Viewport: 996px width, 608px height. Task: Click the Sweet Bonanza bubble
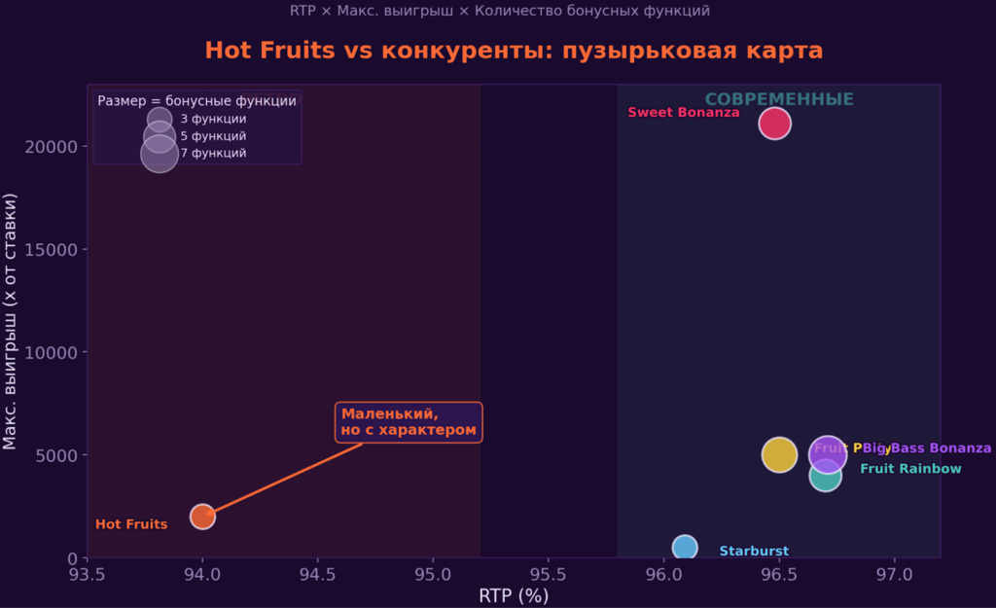coord(774,124)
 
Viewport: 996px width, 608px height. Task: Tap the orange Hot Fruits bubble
coord(202,517)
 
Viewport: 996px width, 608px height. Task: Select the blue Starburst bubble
coord(685,547)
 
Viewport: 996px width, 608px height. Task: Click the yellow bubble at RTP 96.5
coord(779,454)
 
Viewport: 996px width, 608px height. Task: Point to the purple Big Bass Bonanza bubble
coord(827,453)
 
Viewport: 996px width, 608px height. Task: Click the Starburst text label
coord(754,552)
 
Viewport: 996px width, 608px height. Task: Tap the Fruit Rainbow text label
coord(910,469)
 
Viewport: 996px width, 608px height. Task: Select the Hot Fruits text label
coord(131,524)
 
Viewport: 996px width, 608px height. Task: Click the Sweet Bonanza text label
coord(683,113)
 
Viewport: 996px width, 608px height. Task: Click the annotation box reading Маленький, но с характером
coord(409,422)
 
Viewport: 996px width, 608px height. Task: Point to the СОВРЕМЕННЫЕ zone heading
coord(779,99)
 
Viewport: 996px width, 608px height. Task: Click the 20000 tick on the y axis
coord(58,147)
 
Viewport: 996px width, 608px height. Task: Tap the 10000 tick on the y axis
coord(58,352)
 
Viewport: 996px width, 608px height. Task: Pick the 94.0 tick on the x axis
coord(202,574)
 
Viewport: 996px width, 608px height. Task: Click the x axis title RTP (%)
coord(514,595)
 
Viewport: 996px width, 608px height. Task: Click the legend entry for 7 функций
coord(213,153)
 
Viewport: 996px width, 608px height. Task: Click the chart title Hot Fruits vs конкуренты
coord(514,51)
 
